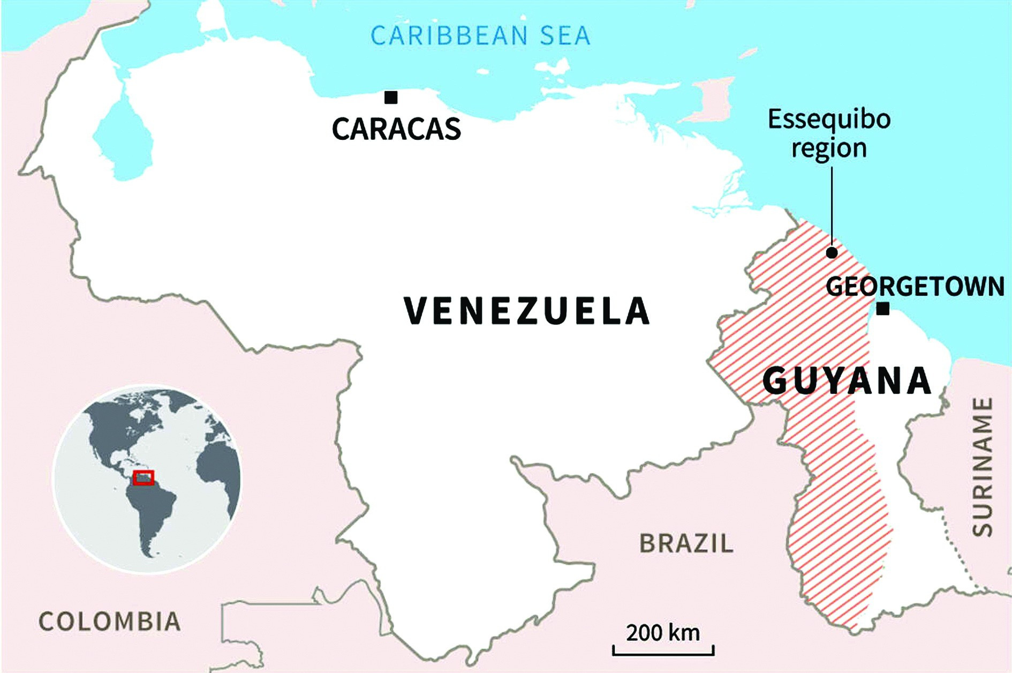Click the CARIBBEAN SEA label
coord(480,36)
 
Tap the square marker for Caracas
coord(391,98)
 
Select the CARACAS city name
coord(396,129)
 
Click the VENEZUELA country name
coord(527,311)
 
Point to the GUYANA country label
coord(847,381)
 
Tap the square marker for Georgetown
coord(883,309)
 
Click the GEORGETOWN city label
coord(915,286)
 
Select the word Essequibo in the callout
coord(829,119)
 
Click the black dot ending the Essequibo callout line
coord(832,252)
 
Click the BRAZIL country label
coord(686,543)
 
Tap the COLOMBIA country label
coord(110,622)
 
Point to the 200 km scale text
coord(663,633)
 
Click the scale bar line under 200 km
coord(663,653)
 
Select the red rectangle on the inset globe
coord(144,477)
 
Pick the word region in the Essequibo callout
coord(829,148)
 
